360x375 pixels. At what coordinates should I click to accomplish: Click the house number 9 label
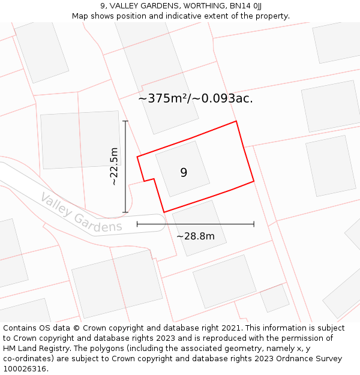pyautogui.click(x=184, y=173)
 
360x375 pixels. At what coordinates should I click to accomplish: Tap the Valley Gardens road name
pyautogui.click(x=81, y=212)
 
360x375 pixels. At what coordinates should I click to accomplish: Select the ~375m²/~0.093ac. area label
pyautogui.click(x=196, y=98)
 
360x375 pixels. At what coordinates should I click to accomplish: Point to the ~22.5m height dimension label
pyautogui.click(x=114, y=166)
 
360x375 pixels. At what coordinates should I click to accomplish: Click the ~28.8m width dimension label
pyautogui.click(x=195, y=236)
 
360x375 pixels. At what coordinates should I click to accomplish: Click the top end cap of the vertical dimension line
pyautogui.click(x=125, y=121)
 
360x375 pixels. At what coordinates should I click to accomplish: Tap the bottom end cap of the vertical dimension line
pyautogui.click(x=125, y=212)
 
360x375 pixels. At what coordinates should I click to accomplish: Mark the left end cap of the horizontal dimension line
pyautogui.click(x=137, y=224)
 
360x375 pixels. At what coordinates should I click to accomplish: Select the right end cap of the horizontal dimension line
pyautogui.click(x=254, y=224)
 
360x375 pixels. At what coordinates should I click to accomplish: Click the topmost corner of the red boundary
pyautogui.click(x=236, y=121)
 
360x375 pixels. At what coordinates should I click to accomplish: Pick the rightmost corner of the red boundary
pyautogui.click(x=254, y=181)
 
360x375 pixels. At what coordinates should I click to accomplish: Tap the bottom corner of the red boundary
pyautogui.click(x=164, y=212)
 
